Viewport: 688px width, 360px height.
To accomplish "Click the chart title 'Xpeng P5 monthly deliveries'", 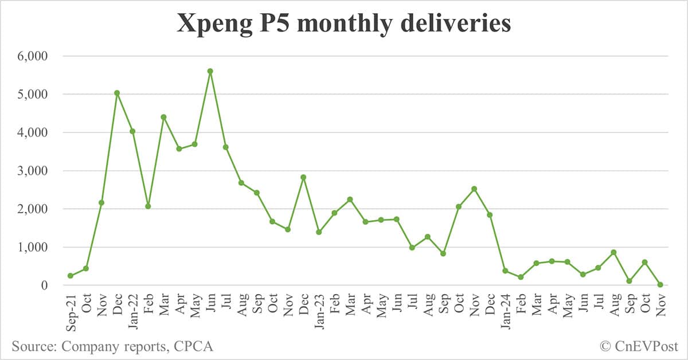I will (344, 24).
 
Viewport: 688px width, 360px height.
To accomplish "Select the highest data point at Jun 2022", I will (210, 71).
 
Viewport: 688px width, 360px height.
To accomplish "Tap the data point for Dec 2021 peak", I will (117, 93).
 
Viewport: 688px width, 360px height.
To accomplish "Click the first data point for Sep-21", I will (71, 276).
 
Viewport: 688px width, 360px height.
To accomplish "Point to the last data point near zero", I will (660, 284).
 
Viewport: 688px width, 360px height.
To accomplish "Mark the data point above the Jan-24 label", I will (505, 271).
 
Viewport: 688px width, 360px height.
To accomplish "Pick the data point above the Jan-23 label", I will (319, 232).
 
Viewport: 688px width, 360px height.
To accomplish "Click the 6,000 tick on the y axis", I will (33, 56).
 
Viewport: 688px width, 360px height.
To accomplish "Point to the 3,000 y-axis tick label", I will (33, 171).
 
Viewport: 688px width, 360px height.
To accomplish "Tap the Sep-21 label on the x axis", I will (71, 312).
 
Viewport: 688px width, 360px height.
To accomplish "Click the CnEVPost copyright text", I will (639, 346).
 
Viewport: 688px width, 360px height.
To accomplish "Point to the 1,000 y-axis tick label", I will (33, 247).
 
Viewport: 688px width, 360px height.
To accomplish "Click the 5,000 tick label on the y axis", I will (33, 94).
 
